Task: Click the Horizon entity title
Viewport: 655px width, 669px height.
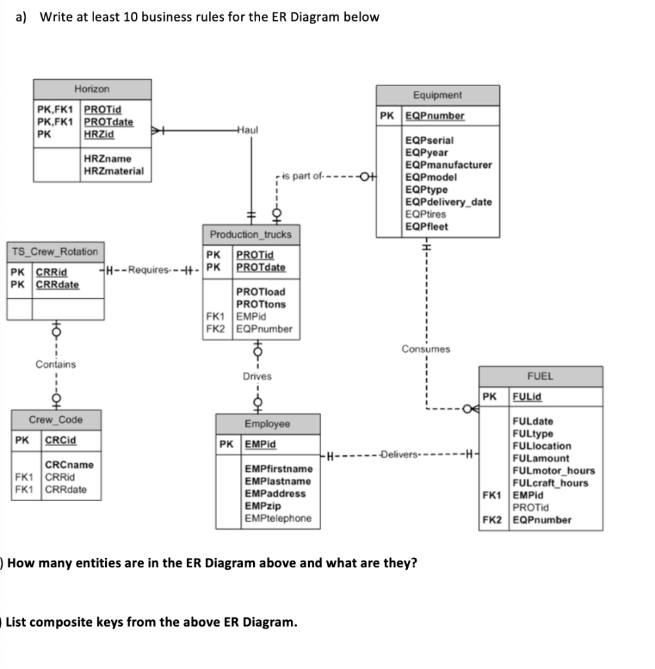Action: pos(92,89)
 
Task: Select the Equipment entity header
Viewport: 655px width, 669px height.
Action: pos(437,95)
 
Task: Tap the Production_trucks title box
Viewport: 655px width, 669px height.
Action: pos(251,235)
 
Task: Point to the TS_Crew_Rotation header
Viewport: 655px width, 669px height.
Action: pos(54,252)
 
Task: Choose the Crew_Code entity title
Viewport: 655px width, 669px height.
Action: pos(56,419)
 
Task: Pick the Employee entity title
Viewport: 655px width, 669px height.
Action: pos(267,424)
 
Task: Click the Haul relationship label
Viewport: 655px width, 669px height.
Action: pos(247,129)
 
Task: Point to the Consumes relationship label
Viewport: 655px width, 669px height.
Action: pos(426,349)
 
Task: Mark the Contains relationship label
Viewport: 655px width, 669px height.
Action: pos(56,364)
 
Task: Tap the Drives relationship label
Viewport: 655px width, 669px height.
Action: pos(257,376)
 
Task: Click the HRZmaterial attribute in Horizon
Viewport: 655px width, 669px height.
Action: pos(114,171)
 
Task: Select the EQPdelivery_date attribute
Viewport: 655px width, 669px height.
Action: pos(448,202)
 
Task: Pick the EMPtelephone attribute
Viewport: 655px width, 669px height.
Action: pos(278,518)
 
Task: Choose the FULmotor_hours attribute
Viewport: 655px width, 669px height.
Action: pos(554,470)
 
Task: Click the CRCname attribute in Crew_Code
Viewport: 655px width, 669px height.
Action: pos(69,465)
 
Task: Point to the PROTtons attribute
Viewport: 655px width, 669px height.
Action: pos(261,304)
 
